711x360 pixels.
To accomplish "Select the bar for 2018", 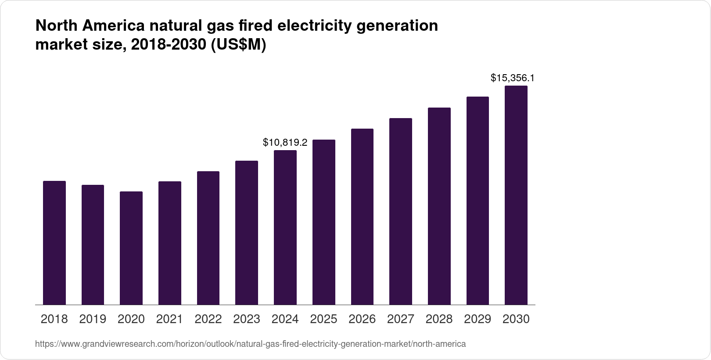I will (54, 242).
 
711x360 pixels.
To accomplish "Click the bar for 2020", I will (131, 248).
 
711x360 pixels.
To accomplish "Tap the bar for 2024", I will (285, 227).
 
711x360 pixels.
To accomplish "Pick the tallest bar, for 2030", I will (516, 195).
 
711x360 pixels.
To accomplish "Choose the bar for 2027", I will (401, 211).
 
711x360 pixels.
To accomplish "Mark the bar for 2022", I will (208, 238).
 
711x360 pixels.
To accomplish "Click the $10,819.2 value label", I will (285, 142).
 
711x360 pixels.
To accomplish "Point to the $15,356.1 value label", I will (512, 78).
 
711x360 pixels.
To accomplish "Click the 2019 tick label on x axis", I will (93, 319).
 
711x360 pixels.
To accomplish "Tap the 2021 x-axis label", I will (169, 319).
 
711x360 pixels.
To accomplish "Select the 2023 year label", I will (247, 319).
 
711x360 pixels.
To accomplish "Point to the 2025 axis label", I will (323, 319).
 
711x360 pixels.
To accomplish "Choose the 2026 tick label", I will (362, 319).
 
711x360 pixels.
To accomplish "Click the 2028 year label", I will (439, 319).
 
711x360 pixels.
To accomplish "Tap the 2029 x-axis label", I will (478, 319).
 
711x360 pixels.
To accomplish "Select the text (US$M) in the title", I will (238, 45).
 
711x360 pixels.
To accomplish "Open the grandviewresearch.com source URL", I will (250, 344).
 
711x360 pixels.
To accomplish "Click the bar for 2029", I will (478, 201).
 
